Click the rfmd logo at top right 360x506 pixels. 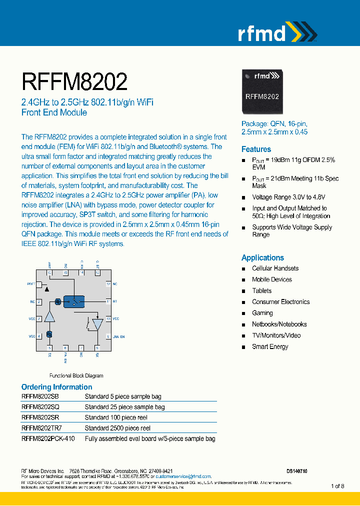point(276,32)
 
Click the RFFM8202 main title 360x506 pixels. point(74,81)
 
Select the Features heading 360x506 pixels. point(256,149)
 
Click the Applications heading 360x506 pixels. point(262,257)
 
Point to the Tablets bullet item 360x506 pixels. point(261,290)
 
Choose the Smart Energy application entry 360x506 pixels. point(270,346)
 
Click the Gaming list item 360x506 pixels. point(262,313)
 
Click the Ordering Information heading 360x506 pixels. point(56,387)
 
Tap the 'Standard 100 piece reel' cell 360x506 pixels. point(115,417)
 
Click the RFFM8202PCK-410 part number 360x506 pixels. point(48,438)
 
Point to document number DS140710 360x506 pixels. point(297,471)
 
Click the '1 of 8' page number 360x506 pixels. point(337,486)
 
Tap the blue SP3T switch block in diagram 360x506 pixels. point(74,301)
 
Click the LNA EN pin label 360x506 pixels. point(118,336)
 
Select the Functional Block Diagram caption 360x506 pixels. point(76,375)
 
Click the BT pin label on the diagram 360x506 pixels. point(115,301)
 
